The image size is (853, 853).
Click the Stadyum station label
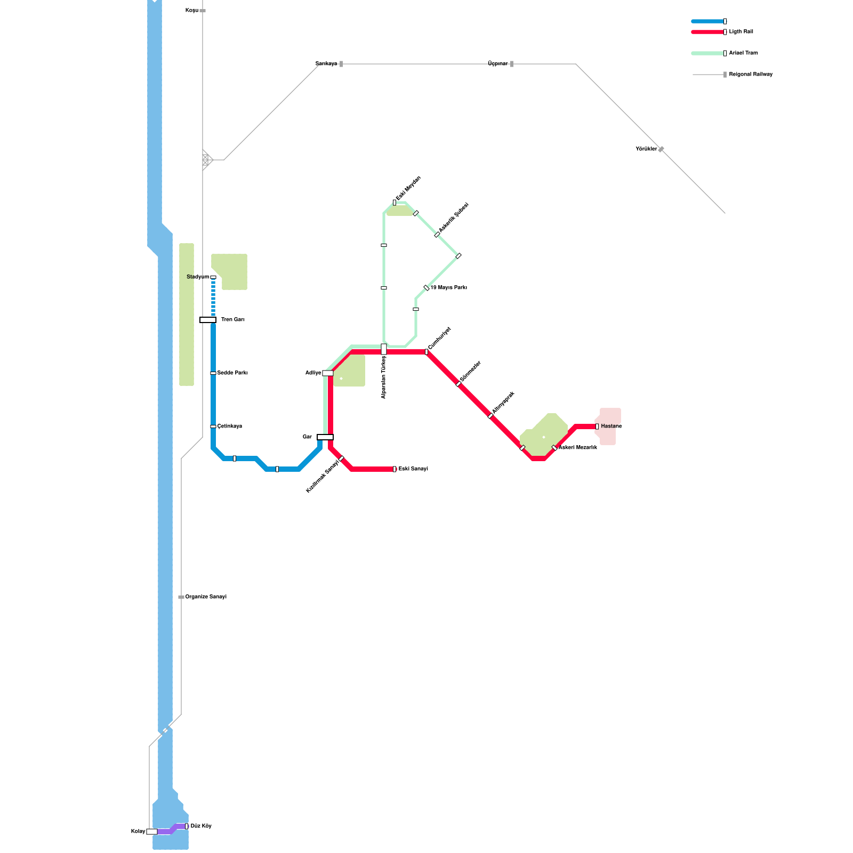198,277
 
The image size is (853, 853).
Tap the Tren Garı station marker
208,320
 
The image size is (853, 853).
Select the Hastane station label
611,426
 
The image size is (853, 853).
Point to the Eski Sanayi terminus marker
395,469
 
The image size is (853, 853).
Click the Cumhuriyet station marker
426,352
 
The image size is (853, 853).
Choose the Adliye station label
313,373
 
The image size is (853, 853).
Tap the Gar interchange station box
325,437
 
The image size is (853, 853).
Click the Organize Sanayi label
206,597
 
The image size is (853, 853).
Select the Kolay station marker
152,832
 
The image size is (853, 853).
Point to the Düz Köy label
201,826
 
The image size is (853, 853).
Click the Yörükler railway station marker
661,149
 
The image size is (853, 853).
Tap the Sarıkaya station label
326,64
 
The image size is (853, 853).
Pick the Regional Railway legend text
751,75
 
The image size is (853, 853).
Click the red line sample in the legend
707,32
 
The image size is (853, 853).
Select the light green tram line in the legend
707,53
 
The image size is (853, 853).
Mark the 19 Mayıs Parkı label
449,288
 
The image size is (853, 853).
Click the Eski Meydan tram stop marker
395,203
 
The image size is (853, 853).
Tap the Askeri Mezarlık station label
578,448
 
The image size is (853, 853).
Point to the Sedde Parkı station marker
213,373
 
